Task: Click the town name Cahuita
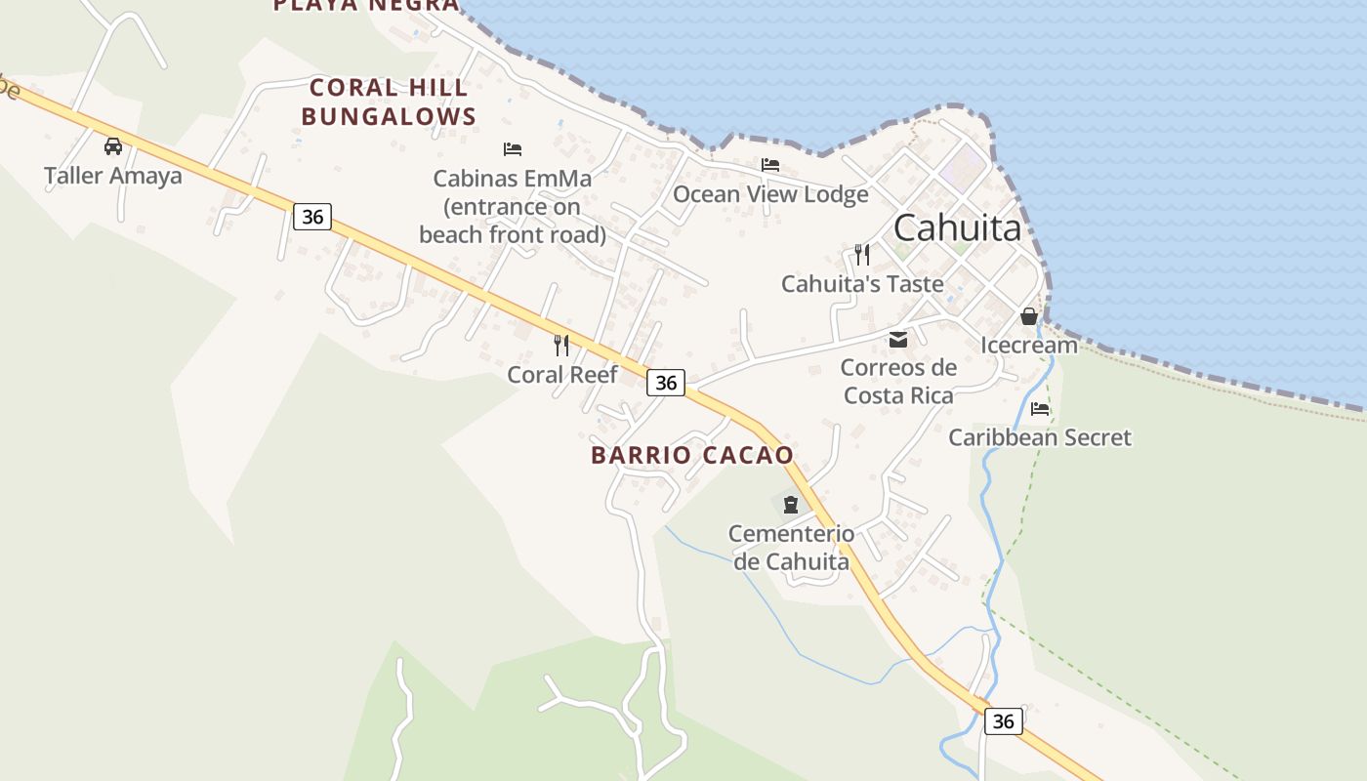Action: (x=957, y=227)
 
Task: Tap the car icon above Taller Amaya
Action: (x=113, y=146)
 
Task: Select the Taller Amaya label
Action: (x=113, y=176)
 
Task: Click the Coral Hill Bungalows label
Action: (x=389, y=102)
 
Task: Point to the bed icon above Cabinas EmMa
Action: (x=513, y=149)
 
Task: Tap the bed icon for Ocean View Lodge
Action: (x=770, y=165)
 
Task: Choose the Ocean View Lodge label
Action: (x=770, y=194)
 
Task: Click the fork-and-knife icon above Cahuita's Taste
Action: (x=862, y=255)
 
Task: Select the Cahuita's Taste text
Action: (x=862, y=284)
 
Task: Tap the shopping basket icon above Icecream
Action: (x=1029, y=316)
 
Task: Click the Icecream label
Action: (x=1029, y=345)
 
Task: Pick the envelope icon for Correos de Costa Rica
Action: (x=897, y=340)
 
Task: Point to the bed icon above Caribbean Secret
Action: (x=1040, y=409)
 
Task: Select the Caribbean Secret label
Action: (x=1040, y=437)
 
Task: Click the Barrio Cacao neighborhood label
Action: (x=692, y=455)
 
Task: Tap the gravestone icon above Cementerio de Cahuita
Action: (x=791, y=505)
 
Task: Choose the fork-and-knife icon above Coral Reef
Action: (x=561, y=345)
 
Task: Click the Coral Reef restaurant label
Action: (x=562, y=374)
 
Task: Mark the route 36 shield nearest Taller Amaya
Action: (x=312, y=217)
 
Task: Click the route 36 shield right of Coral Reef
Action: (x=666, y=383)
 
